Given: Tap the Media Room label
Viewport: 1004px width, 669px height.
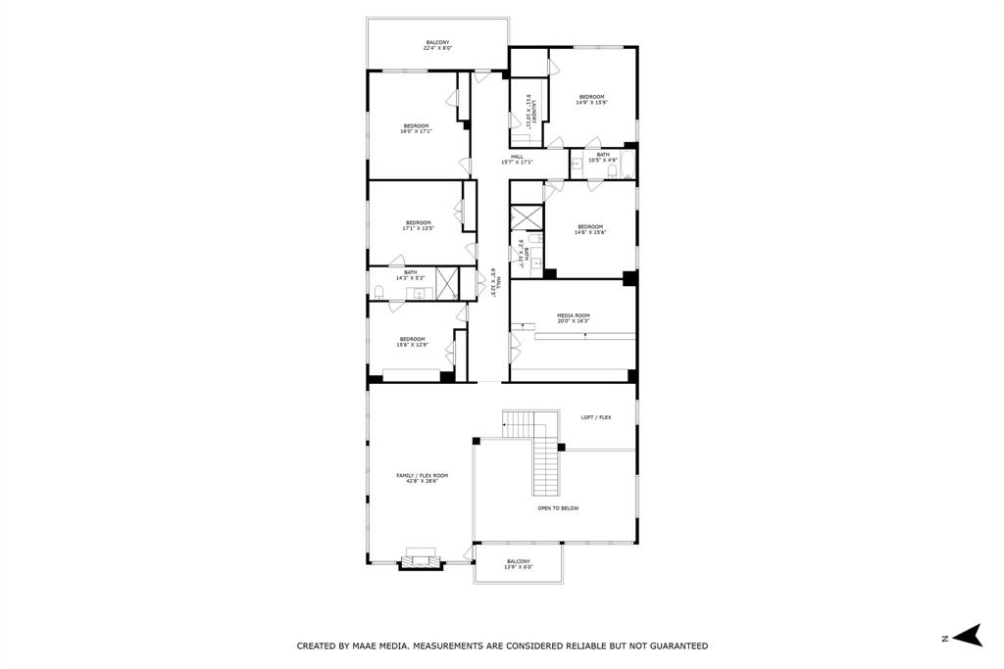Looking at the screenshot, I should point(573,317).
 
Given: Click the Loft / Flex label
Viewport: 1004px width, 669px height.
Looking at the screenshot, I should point(595,417).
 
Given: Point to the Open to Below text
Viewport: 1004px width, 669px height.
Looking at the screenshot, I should point(558,508).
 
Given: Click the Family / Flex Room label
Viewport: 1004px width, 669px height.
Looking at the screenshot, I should point(422,478).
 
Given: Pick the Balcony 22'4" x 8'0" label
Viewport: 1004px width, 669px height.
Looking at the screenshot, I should point(438,45).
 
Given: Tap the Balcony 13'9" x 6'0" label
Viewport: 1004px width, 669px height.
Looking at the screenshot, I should point(518,564).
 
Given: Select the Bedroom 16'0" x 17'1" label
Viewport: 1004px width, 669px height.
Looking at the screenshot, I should point(416,128).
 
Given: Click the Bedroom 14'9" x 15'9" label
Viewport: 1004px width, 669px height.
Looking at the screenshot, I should point(591,99).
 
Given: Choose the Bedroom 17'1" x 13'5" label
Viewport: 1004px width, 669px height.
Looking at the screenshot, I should point(418,225).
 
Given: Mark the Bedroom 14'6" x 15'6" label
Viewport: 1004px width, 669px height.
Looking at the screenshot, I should point(590,229).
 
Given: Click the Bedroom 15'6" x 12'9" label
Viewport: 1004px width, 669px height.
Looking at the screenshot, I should point(412,341).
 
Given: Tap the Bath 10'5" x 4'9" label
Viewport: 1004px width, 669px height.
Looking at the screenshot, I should point(602,157).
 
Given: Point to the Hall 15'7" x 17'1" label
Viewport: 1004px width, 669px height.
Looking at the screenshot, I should point(517,159).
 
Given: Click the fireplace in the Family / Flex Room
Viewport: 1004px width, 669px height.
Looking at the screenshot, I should point(422,559).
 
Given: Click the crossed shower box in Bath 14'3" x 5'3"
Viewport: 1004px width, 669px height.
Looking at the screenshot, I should point(446,282).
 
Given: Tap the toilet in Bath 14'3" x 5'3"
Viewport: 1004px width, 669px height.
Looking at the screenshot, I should point(378,290).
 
